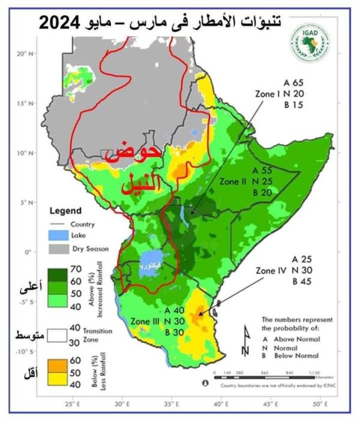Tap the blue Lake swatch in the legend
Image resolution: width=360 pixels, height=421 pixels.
pyautogui.click(x=57, y=236)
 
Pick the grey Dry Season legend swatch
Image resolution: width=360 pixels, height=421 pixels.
pyautogui.click(x=57, y=247)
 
